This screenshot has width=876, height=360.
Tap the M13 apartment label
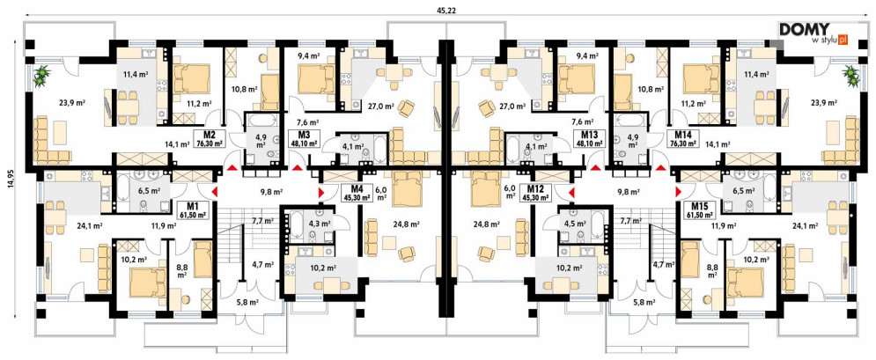coord(589,138)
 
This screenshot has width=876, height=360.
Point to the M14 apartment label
coord(682,138)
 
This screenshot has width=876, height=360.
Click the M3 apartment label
coord(305,138)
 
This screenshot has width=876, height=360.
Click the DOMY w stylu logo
coord(814,33)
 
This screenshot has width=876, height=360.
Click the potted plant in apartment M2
coord(41,76)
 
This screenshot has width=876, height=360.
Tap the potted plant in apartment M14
coord(850,76)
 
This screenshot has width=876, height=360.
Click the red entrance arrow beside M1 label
coord(215,193)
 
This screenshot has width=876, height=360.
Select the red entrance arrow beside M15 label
coord(678,193)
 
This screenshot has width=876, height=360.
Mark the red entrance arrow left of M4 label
coord(321,193)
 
